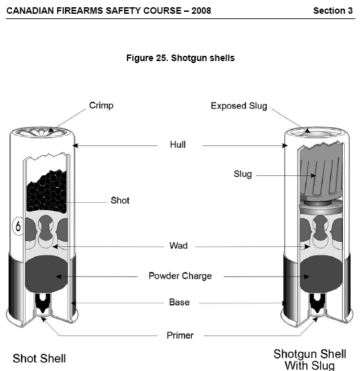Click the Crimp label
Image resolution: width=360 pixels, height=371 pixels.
click(x=101, y=106)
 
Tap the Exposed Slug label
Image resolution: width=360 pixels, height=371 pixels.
click(x=239, y=106)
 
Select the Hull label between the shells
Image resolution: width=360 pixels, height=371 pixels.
click(x=178, y=144)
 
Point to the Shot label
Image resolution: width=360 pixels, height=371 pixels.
click(x=120, y=200)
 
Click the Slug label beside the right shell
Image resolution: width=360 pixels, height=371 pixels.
click(x=242, y=174)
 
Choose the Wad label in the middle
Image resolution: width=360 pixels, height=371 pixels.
click(x=179, y=246)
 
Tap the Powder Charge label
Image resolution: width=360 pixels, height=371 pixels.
click(x=180, y=276)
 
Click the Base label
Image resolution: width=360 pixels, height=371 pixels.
click(x=179, y=302)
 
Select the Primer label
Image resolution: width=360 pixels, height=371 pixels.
click(x=180, y=336)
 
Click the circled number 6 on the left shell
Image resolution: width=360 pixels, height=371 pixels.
click(x=18, y=226)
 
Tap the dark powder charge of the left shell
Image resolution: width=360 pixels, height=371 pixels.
click(x=47, y=274)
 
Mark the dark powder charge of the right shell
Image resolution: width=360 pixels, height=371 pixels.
click(x=321, y=274)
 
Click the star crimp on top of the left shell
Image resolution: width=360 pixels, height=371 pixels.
click(x=42, y=132)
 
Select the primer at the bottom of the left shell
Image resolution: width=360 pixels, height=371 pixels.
click(x=43, y=304)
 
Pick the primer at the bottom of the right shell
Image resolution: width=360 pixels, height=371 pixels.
click(x=317, y=304)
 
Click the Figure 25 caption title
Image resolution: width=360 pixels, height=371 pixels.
click(x=181, y=58)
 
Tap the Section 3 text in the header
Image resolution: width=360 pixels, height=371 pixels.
click(x=333, y=11)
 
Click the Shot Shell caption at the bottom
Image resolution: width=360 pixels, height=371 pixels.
click(x=39, y=359)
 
